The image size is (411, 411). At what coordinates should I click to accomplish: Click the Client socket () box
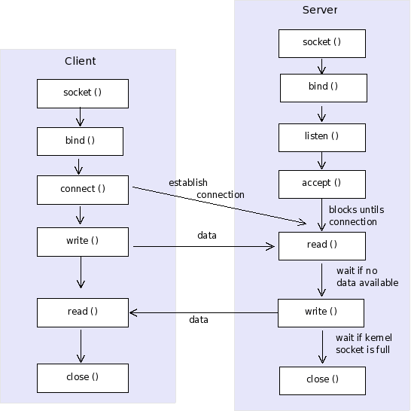coord(83,93)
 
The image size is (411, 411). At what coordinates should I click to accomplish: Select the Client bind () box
coord(80,141)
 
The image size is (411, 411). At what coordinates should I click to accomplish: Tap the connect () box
coord(83,189)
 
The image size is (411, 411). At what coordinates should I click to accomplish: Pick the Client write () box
coord(83,242)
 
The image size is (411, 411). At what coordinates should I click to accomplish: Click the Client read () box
coord(83,312)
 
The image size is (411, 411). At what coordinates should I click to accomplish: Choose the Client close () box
coord(83,377)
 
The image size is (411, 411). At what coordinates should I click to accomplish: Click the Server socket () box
coord(321,43)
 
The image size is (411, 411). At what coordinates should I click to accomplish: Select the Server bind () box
coord(323,87)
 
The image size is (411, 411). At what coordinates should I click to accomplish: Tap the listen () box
coord(321,137)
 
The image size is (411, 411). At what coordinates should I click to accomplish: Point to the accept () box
coord(321,184)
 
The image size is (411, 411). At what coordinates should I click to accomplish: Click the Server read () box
coord(321,245)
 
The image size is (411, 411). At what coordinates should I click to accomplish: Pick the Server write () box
coord(321,312)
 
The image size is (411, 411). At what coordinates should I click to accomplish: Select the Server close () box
coord(322,380)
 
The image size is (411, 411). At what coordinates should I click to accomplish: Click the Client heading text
coord(81,61)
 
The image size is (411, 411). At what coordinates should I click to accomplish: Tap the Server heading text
coord(320,11)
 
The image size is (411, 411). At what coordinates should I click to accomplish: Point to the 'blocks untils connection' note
coord(353,215)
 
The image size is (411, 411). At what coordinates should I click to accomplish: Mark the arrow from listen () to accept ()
coord(322,160)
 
